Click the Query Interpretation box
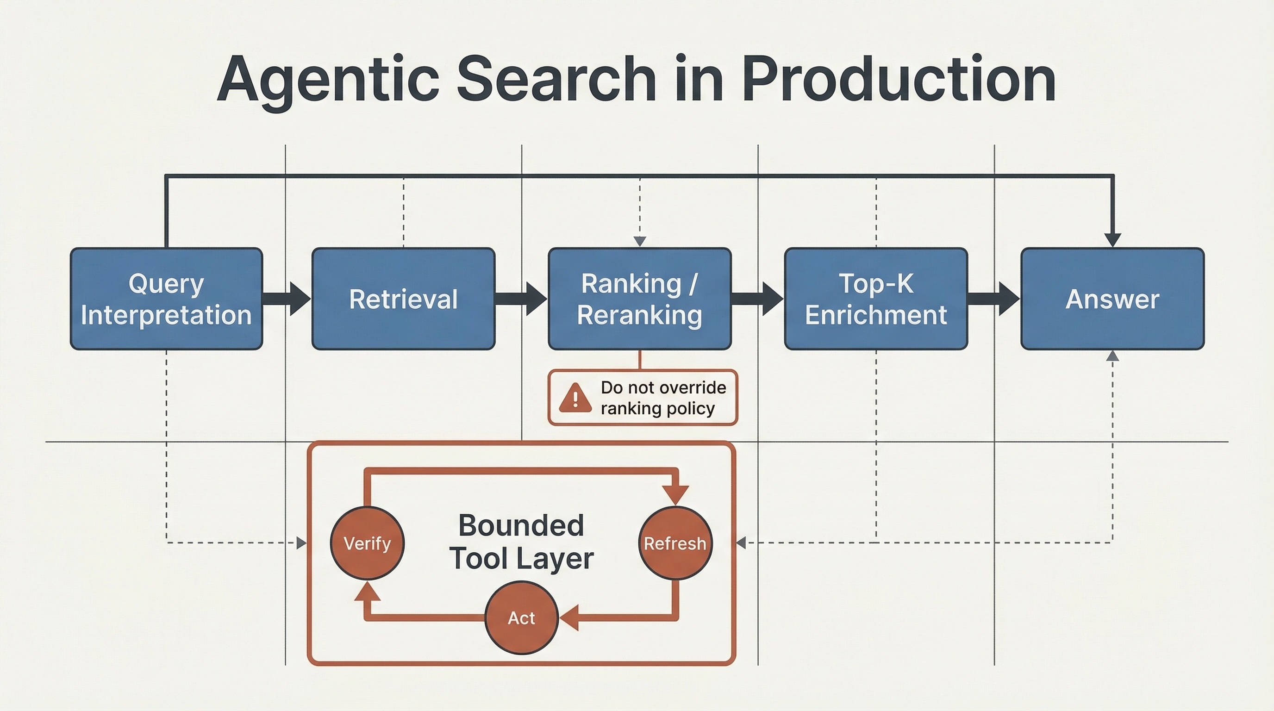click(166, 299)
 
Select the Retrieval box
click(403, 299)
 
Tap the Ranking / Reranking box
click(639, 299)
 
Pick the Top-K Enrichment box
click(876, 299)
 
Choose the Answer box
click(1112, 299)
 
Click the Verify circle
click(367, 543)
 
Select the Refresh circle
click(675, 543)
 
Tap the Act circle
click(521, 618)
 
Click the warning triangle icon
click(575, 399)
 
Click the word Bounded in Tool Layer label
click(521, 525)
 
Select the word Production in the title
click(899, 79)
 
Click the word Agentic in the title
click(328, 79)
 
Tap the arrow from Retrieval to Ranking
click(522, 299)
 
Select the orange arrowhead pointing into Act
click(570, 618)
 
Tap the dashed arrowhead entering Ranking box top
click(639, 241)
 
